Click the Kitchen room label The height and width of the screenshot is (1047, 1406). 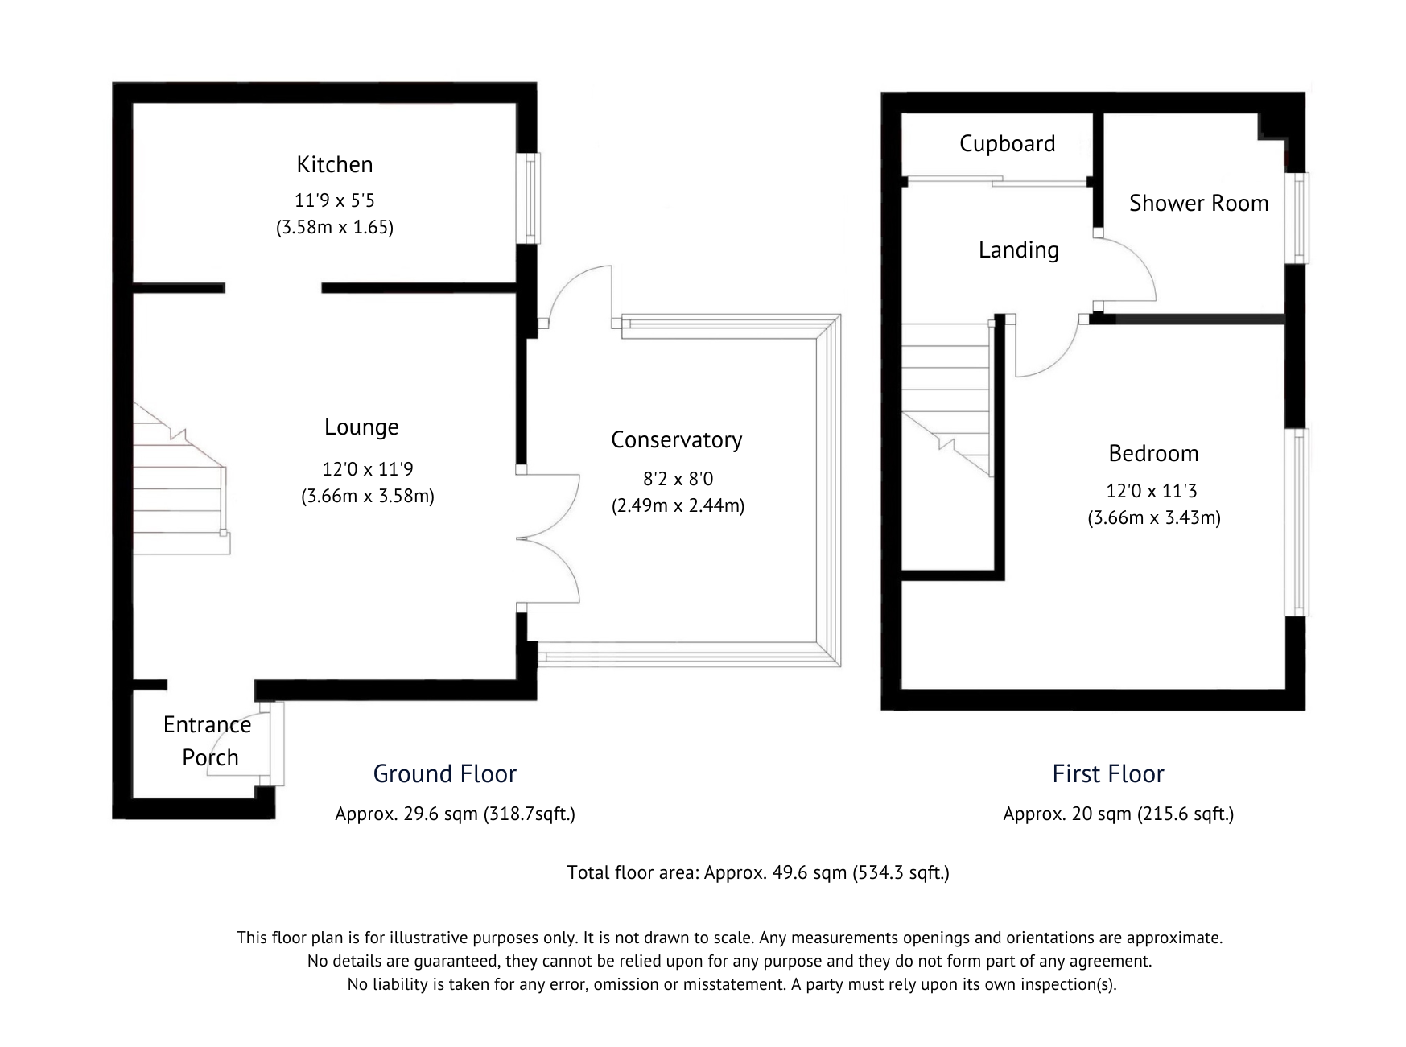[334, 164]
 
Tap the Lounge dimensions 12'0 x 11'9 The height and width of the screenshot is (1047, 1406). [367, 469]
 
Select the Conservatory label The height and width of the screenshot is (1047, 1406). [676, 439]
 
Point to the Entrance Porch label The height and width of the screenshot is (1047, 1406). [208, 740]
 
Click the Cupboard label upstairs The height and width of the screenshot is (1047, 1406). [1007, 143]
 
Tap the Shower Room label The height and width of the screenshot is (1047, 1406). [1198, 203]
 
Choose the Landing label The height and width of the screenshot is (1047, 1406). [1018, 249]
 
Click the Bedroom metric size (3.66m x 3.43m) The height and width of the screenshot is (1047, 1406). [1153, 517]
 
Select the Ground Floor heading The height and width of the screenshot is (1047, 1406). [444, 773]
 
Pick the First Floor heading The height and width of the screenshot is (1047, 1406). [1107, 773]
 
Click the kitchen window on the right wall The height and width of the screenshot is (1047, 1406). [530, 197]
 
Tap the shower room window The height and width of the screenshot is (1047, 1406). [1297, 217]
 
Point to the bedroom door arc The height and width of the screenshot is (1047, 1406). [1046, 350]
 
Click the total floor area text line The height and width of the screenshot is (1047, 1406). [757, 872]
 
